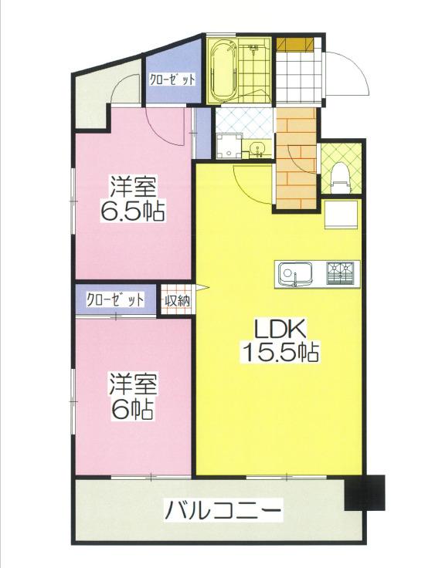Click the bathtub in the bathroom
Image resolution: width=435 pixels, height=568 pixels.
(x=223, y=71)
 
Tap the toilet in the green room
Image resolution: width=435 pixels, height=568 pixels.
(x=340, y=177)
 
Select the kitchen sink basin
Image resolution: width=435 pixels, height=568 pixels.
(x=293, y=274)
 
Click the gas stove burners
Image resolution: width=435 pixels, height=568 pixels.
(x=340, y=272)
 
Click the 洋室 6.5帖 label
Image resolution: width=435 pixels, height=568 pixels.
(x=133, y=198)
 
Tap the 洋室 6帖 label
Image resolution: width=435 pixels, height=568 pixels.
(x=133, y=397)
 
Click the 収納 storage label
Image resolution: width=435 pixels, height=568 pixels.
(x=177, y=300)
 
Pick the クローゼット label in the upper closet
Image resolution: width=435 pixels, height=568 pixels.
(x=173, y=79)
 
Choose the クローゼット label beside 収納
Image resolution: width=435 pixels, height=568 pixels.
(x=114, y=300)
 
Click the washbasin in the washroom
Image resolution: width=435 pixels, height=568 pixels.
(x=258, y=149)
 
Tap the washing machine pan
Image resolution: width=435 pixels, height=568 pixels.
(x=229, y=146)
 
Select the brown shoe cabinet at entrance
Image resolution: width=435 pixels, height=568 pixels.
(x=294, y=43)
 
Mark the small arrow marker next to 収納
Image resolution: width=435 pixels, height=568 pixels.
(x=202, y=288)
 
